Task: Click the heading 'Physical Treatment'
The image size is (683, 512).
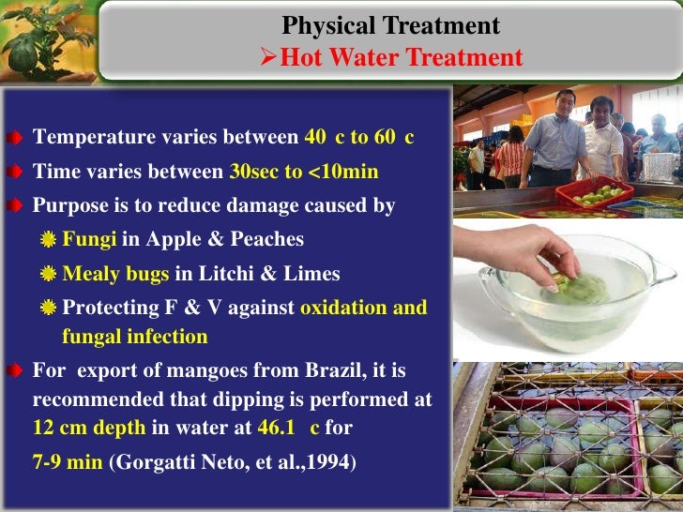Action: [391, 25]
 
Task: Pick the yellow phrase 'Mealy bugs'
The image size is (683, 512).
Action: [115, 274]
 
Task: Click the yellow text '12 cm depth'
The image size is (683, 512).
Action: [89, 429]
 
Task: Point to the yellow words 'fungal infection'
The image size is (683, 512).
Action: [135, 336]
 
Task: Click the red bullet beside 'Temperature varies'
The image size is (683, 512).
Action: [18, 139]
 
